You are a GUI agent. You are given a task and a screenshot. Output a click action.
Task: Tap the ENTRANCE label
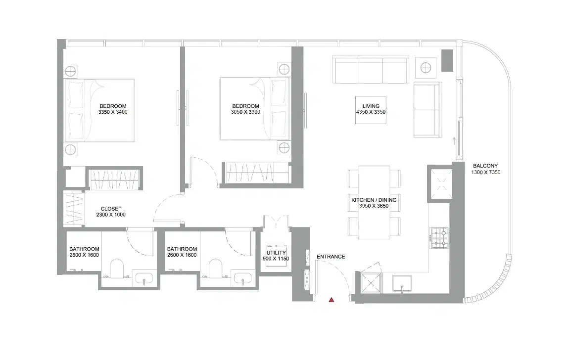point(331,257)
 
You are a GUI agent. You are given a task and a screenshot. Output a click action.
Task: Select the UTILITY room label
point(276,253)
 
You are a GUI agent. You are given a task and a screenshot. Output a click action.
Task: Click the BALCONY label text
point(485,166)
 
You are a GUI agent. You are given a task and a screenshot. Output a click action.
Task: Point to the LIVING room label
point(371,106)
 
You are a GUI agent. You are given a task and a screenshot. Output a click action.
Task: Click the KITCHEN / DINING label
point(374,199)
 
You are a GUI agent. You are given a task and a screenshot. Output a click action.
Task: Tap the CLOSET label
point(111,209)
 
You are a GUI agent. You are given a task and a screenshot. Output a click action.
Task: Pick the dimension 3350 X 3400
point(113,112)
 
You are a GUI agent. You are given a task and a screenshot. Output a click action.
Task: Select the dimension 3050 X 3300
point(245,112)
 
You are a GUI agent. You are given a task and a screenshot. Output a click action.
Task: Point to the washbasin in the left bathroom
point(144,278)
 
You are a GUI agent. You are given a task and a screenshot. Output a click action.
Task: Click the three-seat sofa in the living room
point(371,70)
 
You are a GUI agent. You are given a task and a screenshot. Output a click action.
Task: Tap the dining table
point(374,203)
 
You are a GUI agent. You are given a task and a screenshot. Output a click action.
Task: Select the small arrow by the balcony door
point(454,141)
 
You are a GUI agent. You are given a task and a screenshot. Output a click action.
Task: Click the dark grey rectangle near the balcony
point(447,60)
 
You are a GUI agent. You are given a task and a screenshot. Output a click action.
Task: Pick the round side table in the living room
point(426,66)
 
